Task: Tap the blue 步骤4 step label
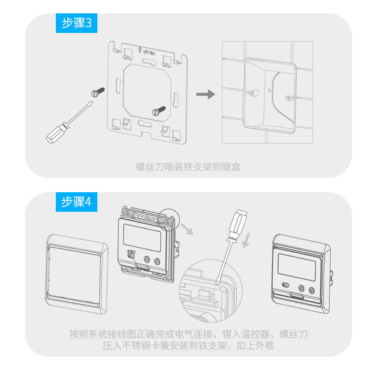[76, 202]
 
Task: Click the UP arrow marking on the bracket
[139, 50]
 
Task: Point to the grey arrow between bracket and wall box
[206, 94]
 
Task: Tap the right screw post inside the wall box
[287, 99]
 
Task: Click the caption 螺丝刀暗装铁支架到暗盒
[188, 166]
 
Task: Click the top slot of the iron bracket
[147, 62]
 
